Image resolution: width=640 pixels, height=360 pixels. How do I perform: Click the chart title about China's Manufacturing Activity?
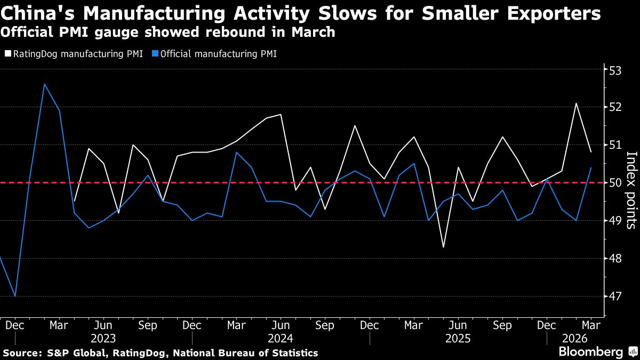coord(301,13)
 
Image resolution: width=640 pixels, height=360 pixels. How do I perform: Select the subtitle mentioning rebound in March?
coord(168,32)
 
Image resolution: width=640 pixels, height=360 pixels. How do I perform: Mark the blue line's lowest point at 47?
coord(15,296)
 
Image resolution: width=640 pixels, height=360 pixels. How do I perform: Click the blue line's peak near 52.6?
coord(44,84)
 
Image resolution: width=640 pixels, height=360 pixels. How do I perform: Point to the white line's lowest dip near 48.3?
coord(444,247)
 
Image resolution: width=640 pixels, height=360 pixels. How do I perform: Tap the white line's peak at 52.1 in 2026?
coord(576,103)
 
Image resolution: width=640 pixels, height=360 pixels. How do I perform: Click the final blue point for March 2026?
coord(591,167)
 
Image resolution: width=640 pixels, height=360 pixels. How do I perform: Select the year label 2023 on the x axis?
coord(103,339)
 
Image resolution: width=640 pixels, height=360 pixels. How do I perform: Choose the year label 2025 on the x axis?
coord(458,339)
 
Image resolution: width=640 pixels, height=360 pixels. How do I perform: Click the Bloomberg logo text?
coord(590,352)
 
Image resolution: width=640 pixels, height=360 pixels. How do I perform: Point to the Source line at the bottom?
coord(160,353)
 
